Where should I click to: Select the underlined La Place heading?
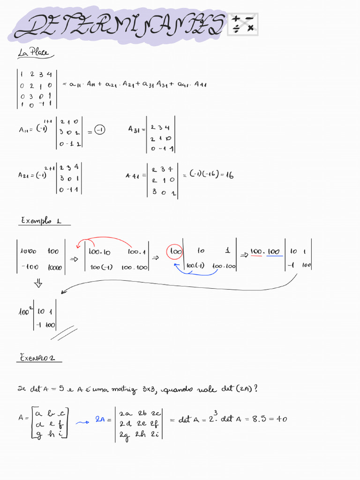[x=33, y=53]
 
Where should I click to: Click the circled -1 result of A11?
[x=99, y=129]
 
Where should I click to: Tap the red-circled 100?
[x=175, y=252]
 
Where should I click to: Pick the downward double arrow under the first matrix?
[x=38, y=284]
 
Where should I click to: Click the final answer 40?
[x=282, y=419]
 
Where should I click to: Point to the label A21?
[x=24, y=175]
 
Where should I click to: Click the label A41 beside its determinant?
[x=133, y=176]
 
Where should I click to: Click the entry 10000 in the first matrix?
[x=55, y=267]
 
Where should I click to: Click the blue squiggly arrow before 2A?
[x=82, y=422]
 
